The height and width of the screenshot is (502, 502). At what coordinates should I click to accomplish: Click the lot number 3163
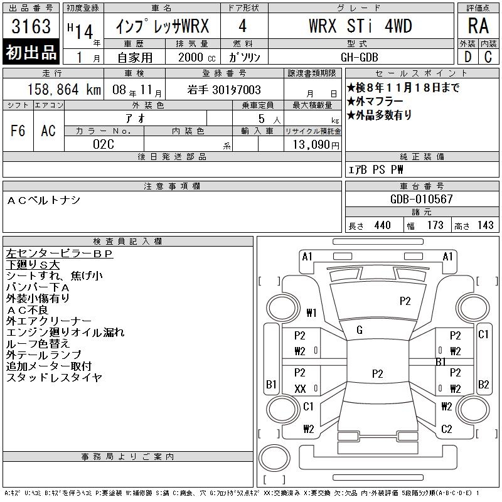pos(31,26)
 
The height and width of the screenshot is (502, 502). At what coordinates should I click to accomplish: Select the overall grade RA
pos(478,26)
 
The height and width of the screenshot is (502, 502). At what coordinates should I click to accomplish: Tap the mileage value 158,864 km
pos(64,89)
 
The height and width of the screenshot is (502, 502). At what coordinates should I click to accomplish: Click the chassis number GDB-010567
pos(421,199)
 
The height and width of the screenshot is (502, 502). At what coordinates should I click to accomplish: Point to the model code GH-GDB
pos(360,57)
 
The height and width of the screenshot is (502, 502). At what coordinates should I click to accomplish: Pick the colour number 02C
pos(104,144)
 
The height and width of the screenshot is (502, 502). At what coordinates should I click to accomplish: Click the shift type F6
pos(18,131)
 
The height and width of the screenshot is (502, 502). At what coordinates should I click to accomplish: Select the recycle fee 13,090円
pos(316,145)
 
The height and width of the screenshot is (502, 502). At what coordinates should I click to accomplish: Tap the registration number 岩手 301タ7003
pos(224,90)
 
